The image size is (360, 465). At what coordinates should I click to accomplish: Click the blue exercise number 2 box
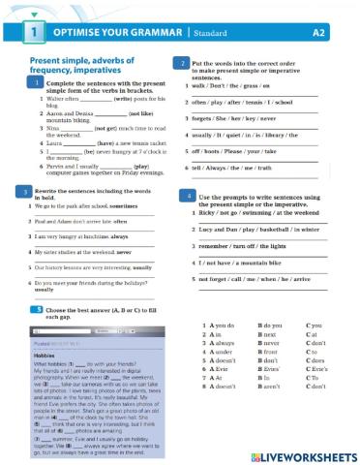(184, 62)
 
